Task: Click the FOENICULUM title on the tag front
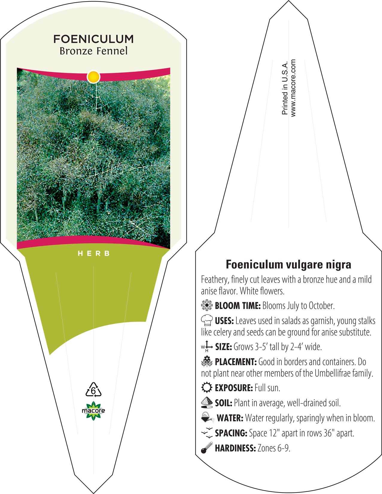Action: point(93,39)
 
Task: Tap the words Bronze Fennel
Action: point(94,51)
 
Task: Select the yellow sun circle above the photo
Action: point(93,77)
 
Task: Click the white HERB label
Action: point(94,253)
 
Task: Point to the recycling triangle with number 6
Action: point(93,390)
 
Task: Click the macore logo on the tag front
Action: point(93,411)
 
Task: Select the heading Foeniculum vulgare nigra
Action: point(288,264)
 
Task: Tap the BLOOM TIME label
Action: point(238,306)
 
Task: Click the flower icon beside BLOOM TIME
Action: point(207,305)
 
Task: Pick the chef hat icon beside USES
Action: point(207,320)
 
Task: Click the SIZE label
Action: point(223,347)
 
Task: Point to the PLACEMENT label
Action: point(236,362)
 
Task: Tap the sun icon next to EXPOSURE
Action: point(207,387)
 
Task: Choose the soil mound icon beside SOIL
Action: point(207,402)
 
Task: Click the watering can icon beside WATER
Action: point(208,417)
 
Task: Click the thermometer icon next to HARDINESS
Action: point(207,448)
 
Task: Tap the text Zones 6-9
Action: point(274,448)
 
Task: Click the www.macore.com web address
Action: point(293,88)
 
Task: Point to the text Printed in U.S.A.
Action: point(285,88)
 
